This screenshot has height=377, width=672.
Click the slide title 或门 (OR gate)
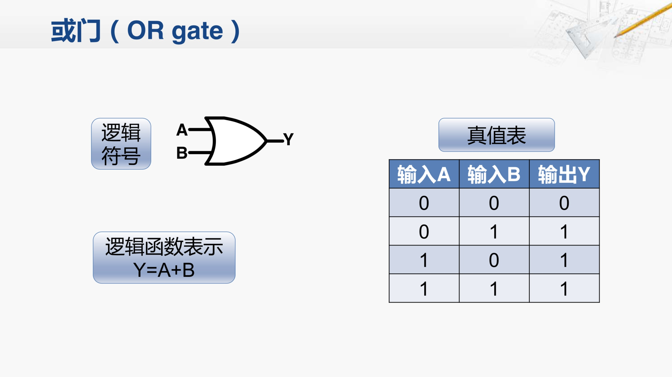[x=145, y=31]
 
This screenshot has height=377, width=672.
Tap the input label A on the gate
[x=182, y=130]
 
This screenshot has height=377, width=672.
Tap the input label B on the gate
[x=182, y=153]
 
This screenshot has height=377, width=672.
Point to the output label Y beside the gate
[x=288, y=139]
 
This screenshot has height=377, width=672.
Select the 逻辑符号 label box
[x=121, y=144]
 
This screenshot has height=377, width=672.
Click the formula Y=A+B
[x=164, y=270]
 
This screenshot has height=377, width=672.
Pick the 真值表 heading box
[x=497, y=135]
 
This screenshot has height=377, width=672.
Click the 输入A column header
[x=424, y=174]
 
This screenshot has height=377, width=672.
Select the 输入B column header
[x=494, y=174]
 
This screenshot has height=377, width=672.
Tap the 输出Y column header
[x=564, y=174]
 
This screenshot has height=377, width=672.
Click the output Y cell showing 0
[x=564, y=203]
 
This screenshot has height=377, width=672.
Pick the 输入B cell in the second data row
[x=494, y=231]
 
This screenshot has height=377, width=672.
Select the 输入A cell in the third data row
[x=424, y=260]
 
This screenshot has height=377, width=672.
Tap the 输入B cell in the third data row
[x=494, y=260]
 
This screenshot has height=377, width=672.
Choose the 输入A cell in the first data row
[x=424, y=203]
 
